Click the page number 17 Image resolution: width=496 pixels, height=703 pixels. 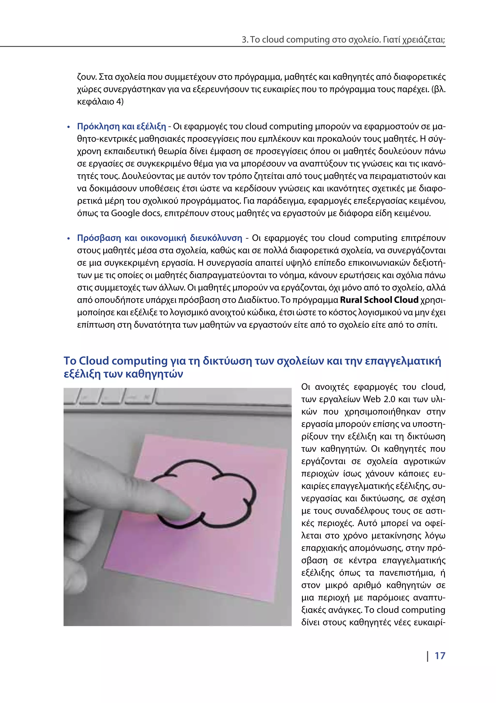pyautogui.click(x=440, y=656)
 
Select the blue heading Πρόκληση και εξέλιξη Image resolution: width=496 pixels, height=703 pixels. pyautogui.click(x=121, y=127)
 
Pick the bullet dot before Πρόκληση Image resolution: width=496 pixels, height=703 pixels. pyautogui.click(x=69, y=127)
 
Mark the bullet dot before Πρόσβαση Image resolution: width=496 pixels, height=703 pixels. pyautogui.click(x=69, y=239)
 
